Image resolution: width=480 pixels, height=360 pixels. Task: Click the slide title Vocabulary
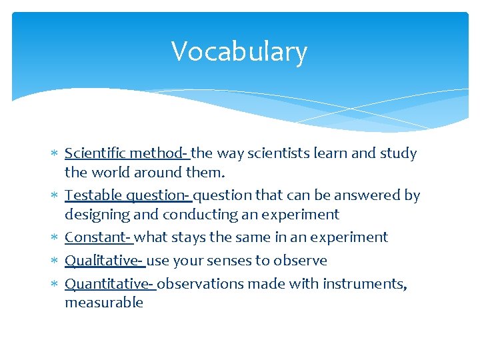pyautogui.click(x=239, y=52)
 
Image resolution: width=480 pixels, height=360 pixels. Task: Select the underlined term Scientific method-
pyautogui.click(x=127, y=153)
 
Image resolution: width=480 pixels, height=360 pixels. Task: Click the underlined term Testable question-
pyautogui.click(x=128, y=195)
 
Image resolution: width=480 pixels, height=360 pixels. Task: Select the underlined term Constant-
pyautogui.click(x=98, y=237)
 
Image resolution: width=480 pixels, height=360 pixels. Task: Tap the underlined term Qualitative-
pyautogui.click(x=104, y=261)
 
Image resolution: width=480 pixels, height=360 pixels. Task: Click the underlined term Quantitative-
pyautogui.click(x=109, y=284)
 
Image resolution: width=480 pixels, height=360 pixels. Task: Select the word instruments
pyautogui.click(x=364, y=284)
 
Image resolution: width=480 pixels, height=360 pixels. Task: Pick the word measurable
pyautogui.click(x=104, y=303)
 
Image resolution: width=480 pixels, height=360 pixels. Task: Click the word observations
pyautogui.click(x=201, y=284)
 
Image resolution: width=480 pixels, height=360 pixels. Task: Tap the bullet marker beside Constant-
pyautogui.click(x=55, y=238)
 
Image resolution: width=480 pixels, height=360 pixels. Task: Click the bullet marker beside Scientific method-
pyautogui.click(x=55, y=154)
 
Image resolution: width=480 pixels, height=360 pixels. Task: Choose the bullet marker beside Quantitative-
pyautogui.click(x=55, y=285)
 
